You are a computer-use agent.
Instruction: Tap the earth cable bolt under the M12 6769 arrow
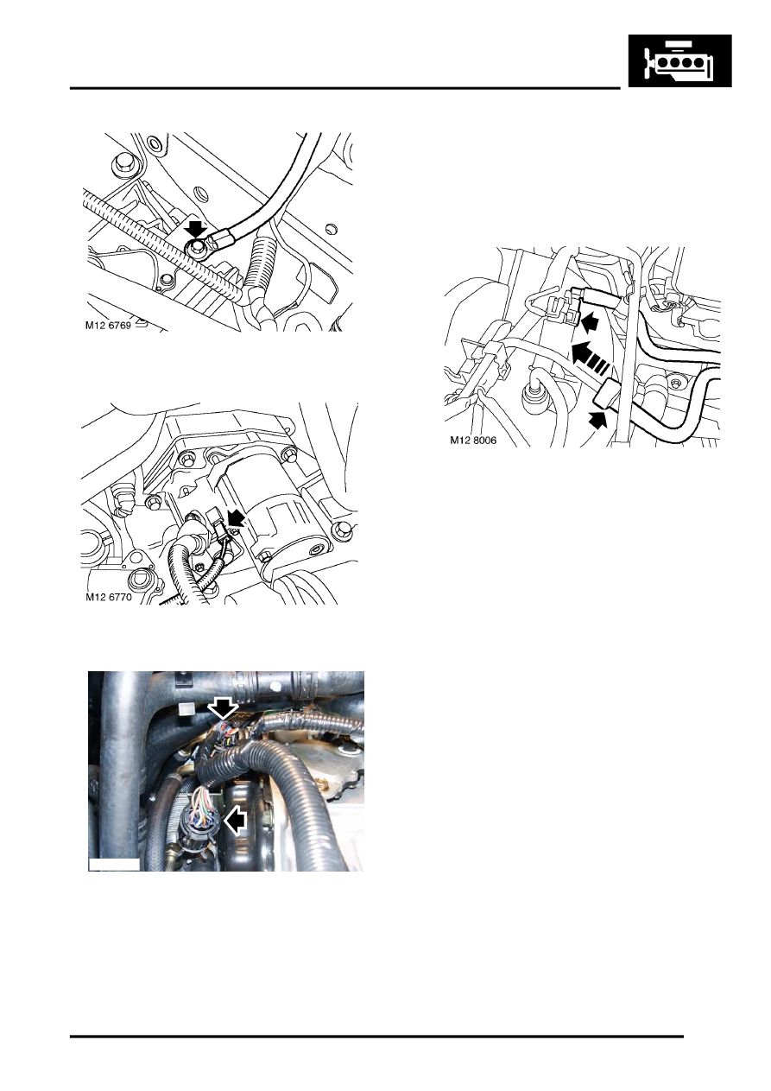(x=199, y=248)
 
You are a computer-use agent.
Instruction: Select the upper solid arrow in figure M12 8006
(x=589, y=322)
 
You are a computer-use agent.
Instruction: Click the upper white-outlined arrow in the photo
(x=224, y=708)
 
